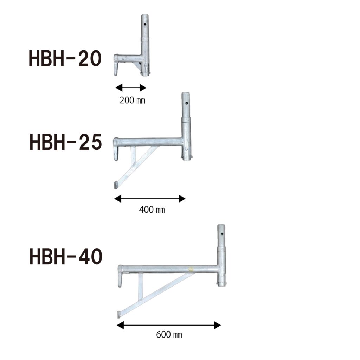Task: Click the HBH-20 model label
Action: tap(65, 58)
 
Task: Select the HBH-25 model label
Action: tap(66, 142)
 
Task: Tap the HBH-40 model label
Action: tap(66, 256)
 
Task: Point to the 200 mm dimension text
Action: tap(132, 100)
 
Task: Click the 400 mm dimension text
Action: tap(152, 210)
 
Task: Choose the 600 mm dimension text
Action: tap(169, 335)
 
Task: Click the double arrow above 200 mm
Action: tap(131, 88)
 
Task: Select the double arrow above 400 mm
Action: tap(150, 199)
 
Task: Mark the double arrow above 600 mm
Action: tap(169, 325)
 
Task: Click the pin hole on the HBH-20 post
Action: tap(145, 24)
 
